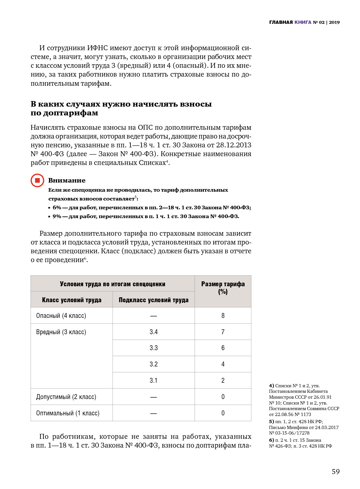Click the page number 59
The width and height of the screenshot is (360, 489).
coord(336,471)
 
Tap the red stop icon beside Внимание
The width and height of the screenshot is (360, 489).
coord(37,180)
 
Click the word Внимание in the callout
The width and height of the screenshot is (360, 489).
coord(67,180)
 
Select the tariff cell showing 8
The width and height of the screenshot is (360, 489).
coord(223,316)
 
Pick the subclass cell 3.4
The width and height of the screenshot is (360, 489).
coord(154,332)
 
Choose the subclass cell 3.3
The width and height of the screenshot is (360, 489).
coord(154,348)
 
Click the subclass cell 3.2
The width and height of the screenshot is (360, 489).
coord(154,364)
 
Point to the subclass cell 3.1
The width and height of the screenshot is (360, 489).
coord(154,380)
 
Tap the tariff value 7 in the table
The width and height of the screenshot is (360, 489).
coord(223,332)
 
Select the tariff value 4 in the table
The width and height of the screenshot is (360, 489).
coord(223,364)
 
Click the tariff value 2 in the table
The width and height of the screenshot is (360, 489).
coord(223,380)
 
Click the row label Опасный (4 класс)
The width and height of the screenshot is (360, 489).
coord(61,316)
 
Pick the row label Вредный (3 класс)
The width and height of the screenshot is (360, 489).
coord(61,332)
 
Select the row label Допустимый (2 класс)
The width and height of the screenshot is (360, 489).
coord(66,397)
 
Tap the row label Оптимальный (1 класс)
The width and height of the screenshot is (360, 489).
coord(67,413)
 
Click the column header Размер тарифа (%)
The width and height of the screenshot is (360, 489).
coord(223,288)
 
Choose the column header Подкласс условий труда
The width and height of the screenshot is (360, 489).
coord(154,300)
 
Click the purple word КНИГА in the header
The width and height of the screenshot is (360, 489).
coord(303,22)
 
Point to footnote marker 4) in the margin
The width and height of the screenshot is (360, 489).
coord(271,386)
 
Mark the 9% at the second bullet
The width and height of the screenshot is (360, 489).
coord(57,216)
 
